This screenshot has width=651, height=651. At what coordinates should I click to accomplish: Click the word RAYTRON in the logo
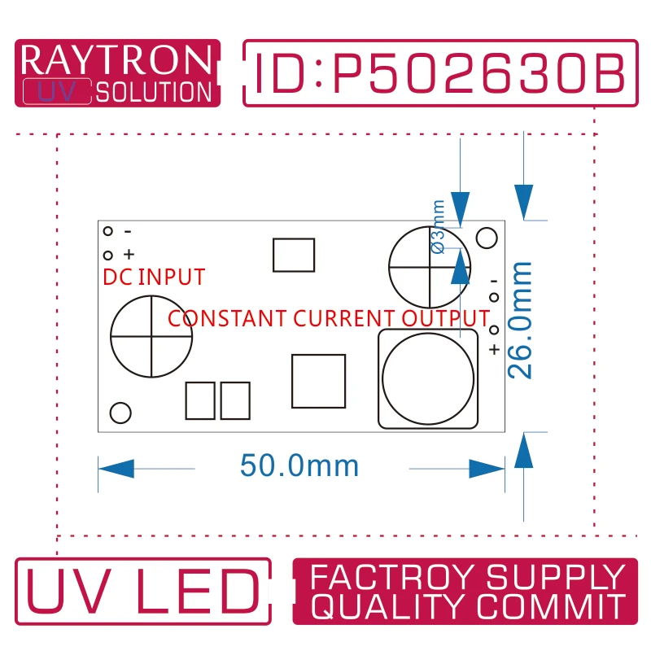pyautogui.click(x=116, y=59)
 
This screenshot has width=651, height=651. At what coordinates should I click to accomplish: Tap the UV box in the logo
pyautogui.click(x=57, y=91)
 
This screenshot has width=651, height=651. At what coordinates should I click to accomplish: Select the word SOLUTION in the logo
pyautogui.click(x=154, y=92)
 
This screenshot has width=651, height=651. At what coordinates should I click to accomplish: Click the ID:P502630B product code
pyautogui.click(x=439, y=73)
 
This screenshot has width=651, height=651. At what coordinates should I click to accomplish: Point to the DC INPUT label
pyautogui.click(x=154, y=277)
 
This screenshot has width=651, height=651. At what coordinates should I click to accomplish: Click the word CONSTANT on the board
pyautogui.click(x=227, y=318)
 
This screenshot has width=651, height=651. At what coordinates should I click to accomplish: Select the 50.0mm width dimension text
pyautogui.click(x=299, y=465)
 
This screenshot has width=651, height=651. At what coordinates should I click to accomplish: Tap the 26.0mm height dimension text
pyautogui.click(x=519, y=320)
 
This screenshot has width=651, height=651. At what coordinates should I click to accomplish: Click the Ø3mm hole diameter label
pyautogui.click(x=439, y=227)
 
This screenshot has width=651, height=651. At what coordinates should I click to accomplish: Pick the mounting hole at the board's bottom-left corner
pyautogui.click(x=120, y=413)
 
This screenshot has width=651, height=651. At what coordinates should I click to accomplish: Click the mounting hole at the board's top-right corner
pyautogui.click(x=487, y=238)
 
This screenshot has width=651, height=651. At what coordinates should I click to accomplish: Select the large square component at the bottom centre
pyautogui.click(x=318, y=381)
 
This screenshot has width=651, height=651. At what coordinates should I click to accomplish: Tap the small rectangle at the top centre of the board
pyautogui.click(x=294, y=255)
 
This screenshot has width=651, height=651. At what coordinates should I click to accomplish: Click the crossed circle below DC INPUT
pyautogui.click(x=151, y=336)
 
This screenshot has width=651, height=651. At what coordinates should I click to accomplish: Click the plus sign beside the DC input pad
pyautogui.click(x=129, y=254)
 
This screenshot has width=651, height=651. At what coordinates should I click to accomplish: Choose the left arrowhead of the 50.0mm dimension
pyautogui.click(x=116, y=469)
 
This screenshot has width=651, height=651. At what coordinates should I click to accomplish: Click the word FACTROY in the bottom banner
pyautogui.click(x=391, y=577)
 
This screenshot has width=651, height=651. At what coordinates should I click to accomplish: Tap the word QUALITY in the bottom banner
pyautogui.click(x=391, y=606)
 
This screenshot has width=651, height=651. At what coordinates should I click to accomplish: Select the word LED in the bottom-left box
pyautogui.click(x=198, y=592)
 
